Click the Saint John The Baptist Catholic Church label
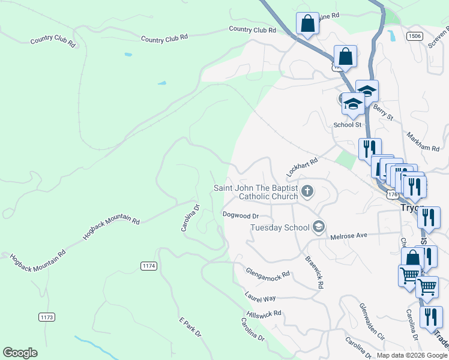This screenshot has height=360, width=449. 256,192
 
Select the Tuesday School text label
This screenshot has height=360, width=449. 280,227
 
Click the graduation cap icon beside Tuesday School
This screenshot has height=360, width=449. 318,227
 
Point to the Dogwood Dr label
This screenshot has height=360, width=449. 240,215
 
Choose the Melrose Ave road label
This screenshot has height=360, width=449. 349,236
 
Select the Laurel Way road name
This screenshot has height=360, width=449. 260,296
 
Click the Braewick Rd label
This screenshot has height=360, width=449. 314,273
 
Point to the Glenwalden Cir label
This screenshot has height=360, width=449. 372,321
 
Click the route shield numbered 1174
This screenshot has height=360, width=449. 148,265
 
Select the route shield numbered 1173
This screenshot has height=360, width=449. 46,316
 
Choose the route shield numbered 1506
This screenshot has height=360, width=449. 413,36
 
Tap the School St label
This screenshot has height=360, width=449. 348,125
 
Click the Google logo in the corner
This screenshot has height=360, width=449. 20,353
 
